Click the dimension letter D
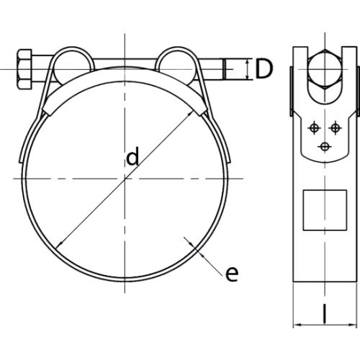coord(264,69)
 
